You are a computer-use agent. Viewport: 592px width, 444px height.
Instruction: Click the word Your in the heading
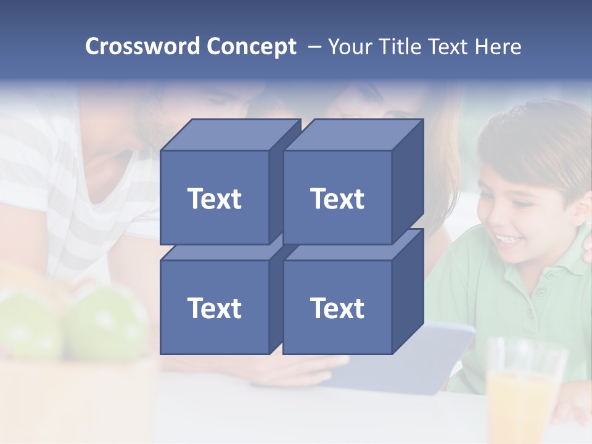351,46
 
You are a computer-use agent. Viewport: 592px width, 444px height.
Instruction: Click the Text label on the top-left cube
214,199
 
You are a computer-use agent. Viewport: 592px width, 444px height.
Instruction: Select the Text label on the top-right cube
337,199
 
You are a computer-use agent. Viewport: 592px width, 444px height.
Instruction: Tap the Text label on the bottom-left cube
214,308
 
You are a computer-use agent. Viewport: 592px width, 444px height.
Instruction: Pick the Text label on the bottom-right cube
337,308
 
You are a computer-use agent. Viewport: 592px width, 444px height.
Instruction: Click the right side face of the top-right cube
408,179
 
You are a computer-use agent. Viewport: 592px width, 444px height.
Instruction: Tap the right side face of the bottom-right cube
408,290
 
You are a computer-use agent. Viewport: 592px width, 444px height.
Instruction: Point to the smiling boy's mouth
507,238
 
